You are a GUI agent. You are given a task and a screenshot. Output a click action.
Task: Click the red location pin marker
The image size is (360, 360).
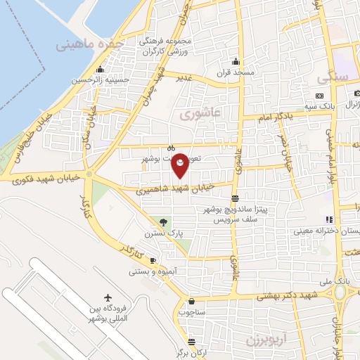[180, 164]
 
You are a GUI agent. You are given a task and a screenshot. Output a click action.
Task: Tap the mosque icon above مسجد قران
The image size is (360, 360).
[235, 60]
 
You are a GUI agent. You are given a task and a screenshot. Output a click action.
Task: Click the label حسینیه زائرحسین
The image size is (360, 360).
[101, 79]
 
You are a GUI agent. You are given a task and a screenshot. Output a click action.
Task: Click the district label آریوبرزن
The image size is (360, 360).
[264, 340]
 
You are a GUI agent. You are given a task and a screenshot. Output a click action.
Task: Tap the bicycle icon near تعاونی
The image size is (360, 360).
[172, 148]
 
